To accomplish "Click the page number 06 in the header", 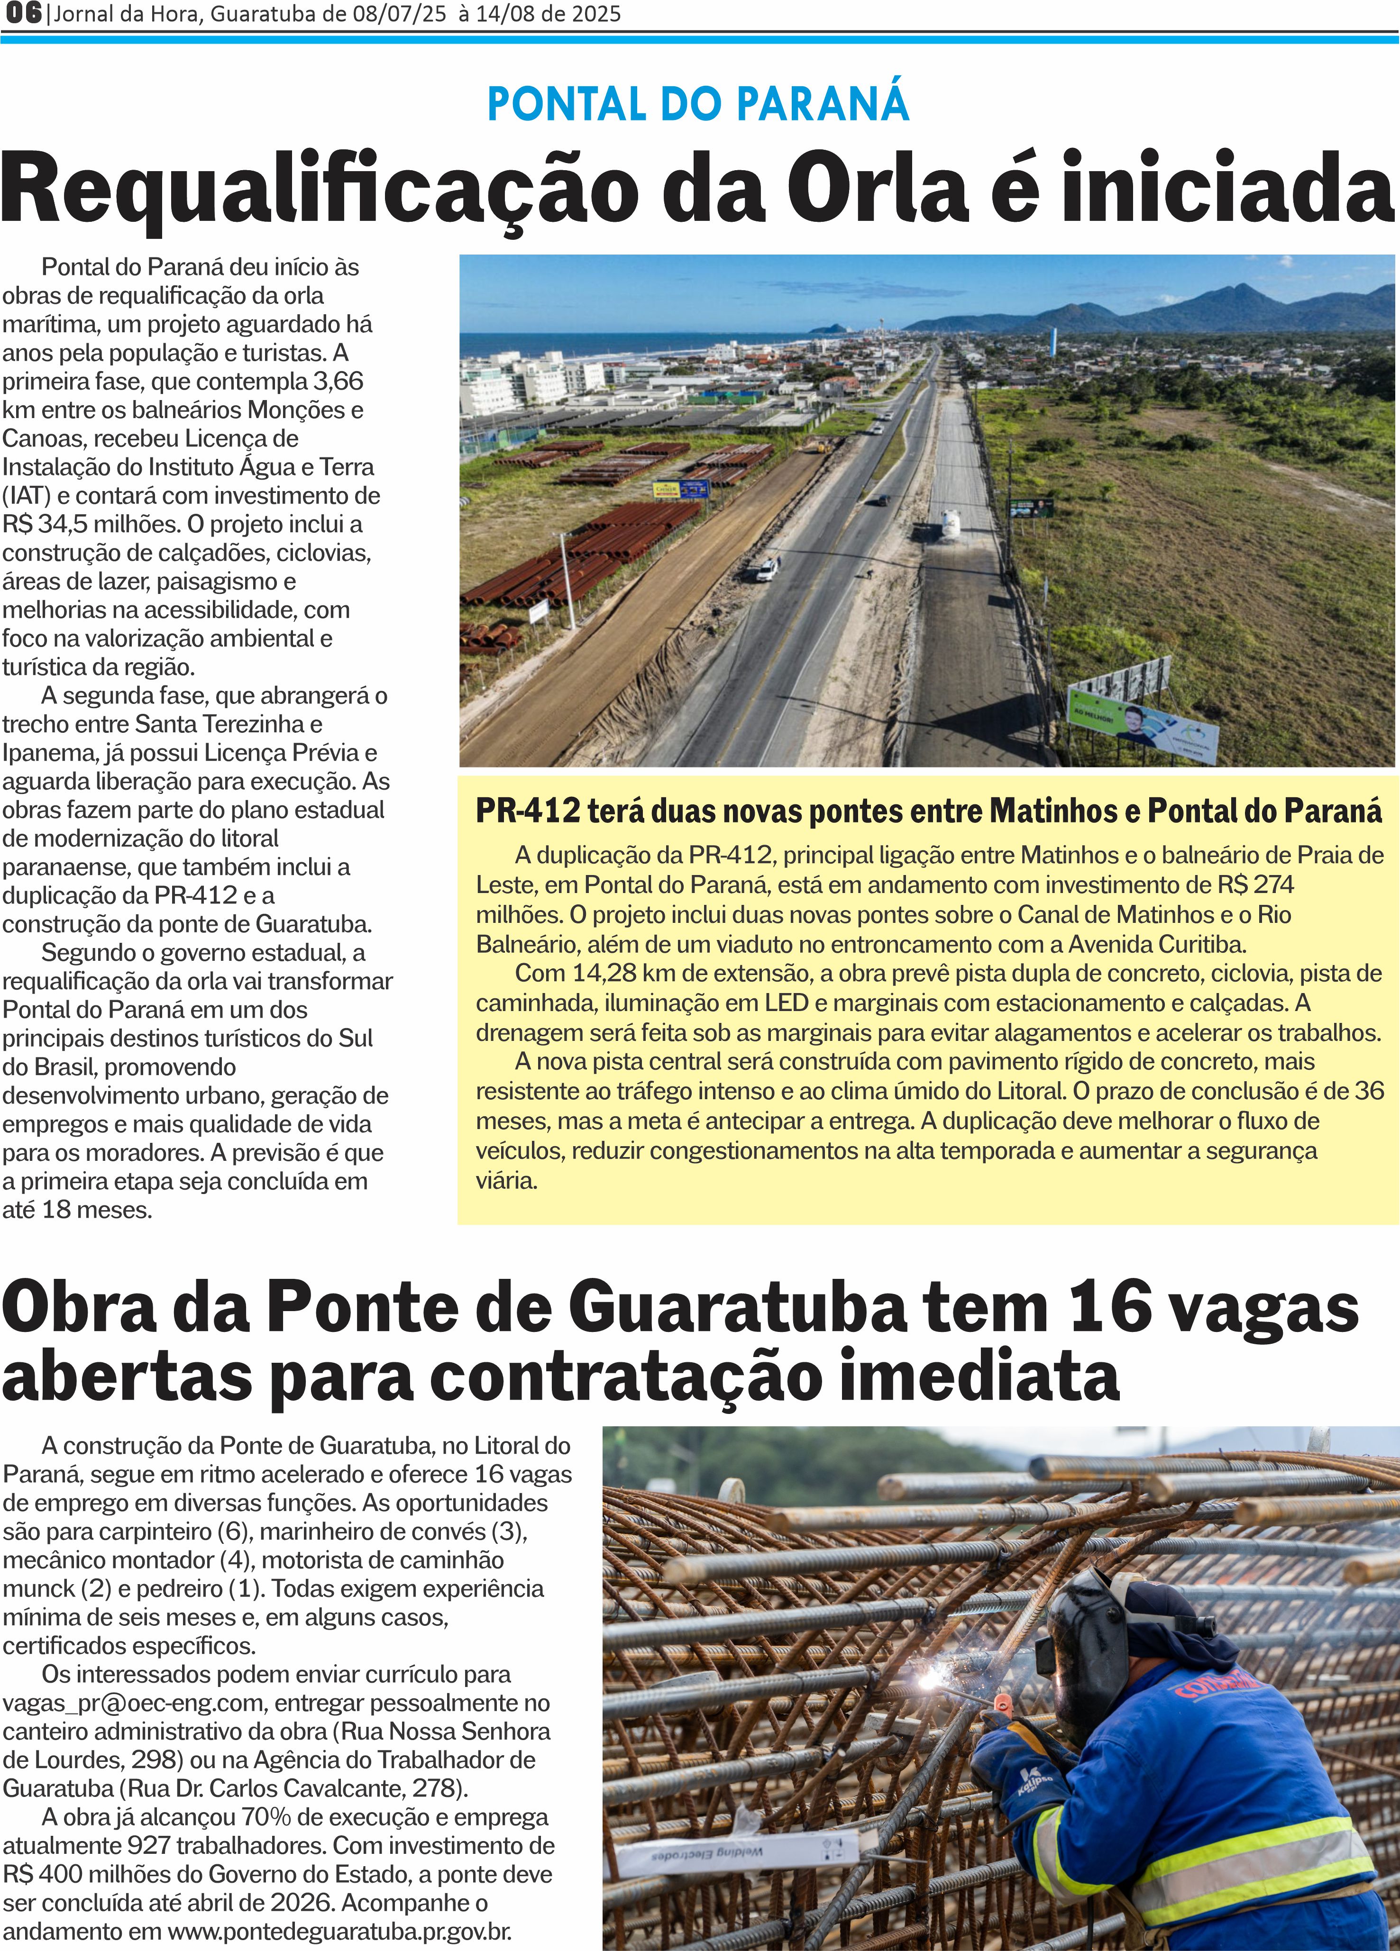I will [x=21, y=14].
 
